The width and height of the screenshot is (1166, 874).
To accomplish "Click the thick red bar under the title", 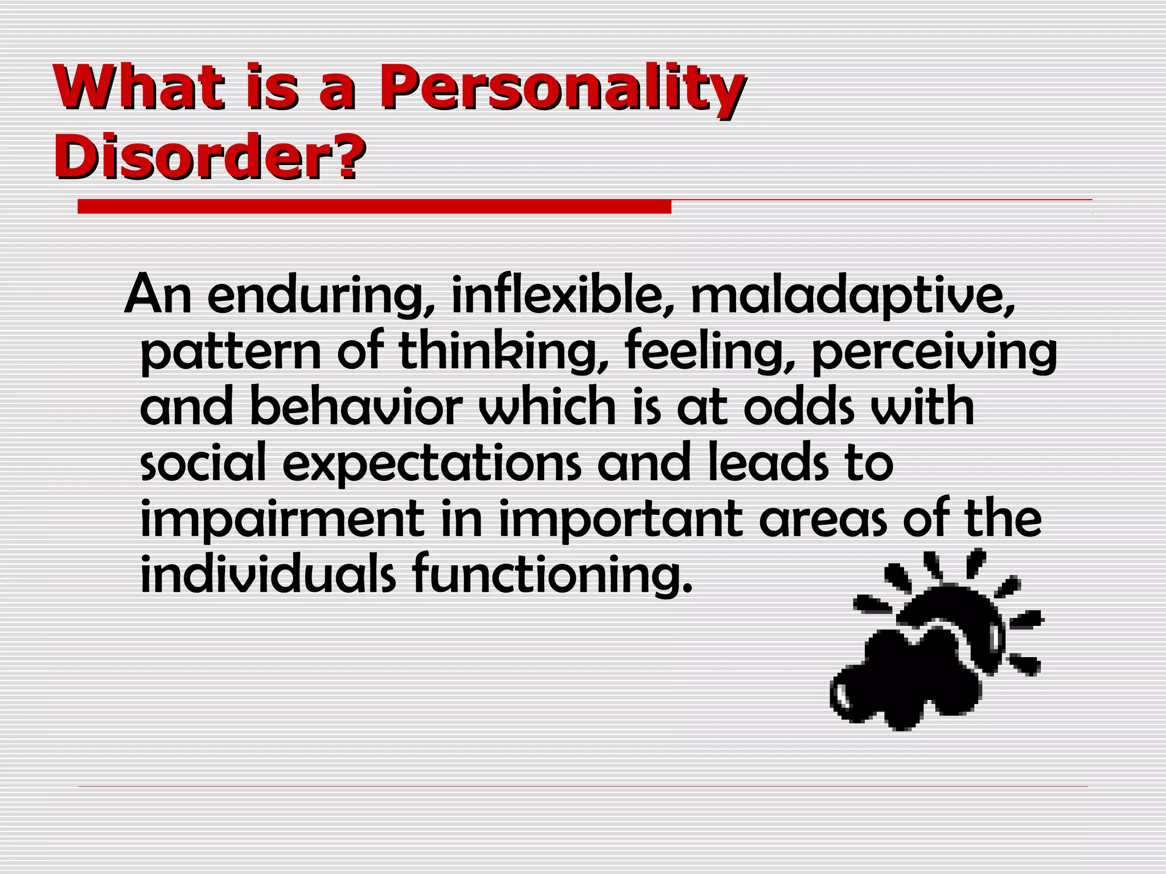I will tap(374, 207).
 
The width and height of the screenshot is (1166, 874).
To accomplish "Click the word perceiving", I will tap(934, 352).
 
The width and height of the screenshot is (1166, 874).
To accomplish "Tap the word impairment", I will tap(282, 520).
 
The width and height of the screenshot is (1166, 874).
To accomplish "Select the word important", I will tap(621, 520).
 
